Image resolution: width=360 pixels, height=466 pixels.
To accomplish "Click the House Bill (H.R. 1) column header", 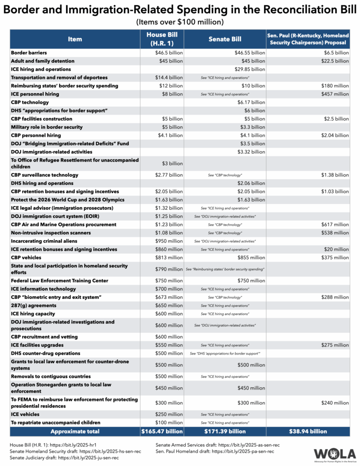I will [162, 39].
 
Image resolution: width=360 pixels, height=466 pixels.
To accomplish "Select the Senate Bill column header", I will [225, 39].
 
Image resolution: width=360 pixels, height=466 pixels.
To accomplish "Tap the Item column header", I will [75, 39].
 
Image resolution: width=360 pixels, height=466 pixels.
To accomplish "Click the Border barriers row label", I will [29, 53].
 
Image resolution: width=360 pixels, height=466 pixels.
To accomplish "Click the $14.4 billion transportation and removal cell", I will [169, 77].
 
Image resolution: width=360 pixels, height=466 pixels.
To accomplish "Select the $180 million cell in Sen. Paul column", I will [336, 86].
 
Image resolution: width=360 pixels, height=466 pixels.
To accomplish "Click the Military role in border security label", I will [47, 127].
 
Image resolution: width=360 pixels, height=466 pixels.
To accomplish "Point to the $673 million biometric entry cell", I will [169, 297].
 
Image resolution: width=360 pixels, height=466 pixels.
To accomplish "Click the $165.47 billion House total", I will [162, 431].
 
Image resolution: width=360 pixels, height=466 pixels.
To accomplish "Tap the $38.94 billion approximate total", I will [308, 431].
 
